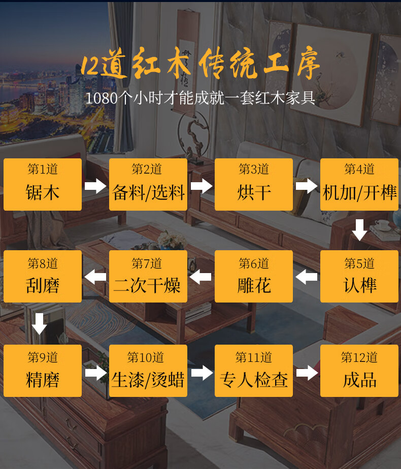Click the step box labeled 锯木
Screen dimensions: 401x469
43,184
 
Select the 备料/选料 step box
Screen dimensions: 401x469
148,184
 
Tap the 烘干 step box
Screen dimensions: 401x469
254,184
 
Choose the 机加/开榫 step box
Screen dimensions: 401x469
359,184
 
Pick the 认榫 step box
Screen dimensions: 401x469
359,277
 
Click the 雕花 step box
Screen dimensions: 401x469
254,277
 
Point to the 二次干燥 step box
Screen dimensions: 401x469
148,277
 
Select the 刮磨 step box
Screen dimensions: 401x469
43,277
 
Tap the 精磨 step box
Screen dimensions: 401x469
43,371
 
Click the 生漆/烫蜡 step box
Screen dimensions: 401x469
148,371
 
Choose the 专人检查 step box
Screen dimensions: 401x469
254,371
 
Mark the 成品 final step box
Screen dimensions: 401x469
359,371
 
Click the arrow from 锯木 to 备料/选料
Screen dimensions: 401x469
95,186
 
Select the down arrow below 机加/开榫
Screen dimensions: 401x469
360,229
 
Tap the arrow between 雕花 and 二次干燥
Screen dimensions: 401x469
201,277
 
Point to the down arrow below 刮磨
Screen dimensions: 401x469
40,323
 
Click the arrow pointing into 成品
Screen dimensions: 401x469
307,373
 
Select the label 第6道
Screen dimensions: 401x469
254,263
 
